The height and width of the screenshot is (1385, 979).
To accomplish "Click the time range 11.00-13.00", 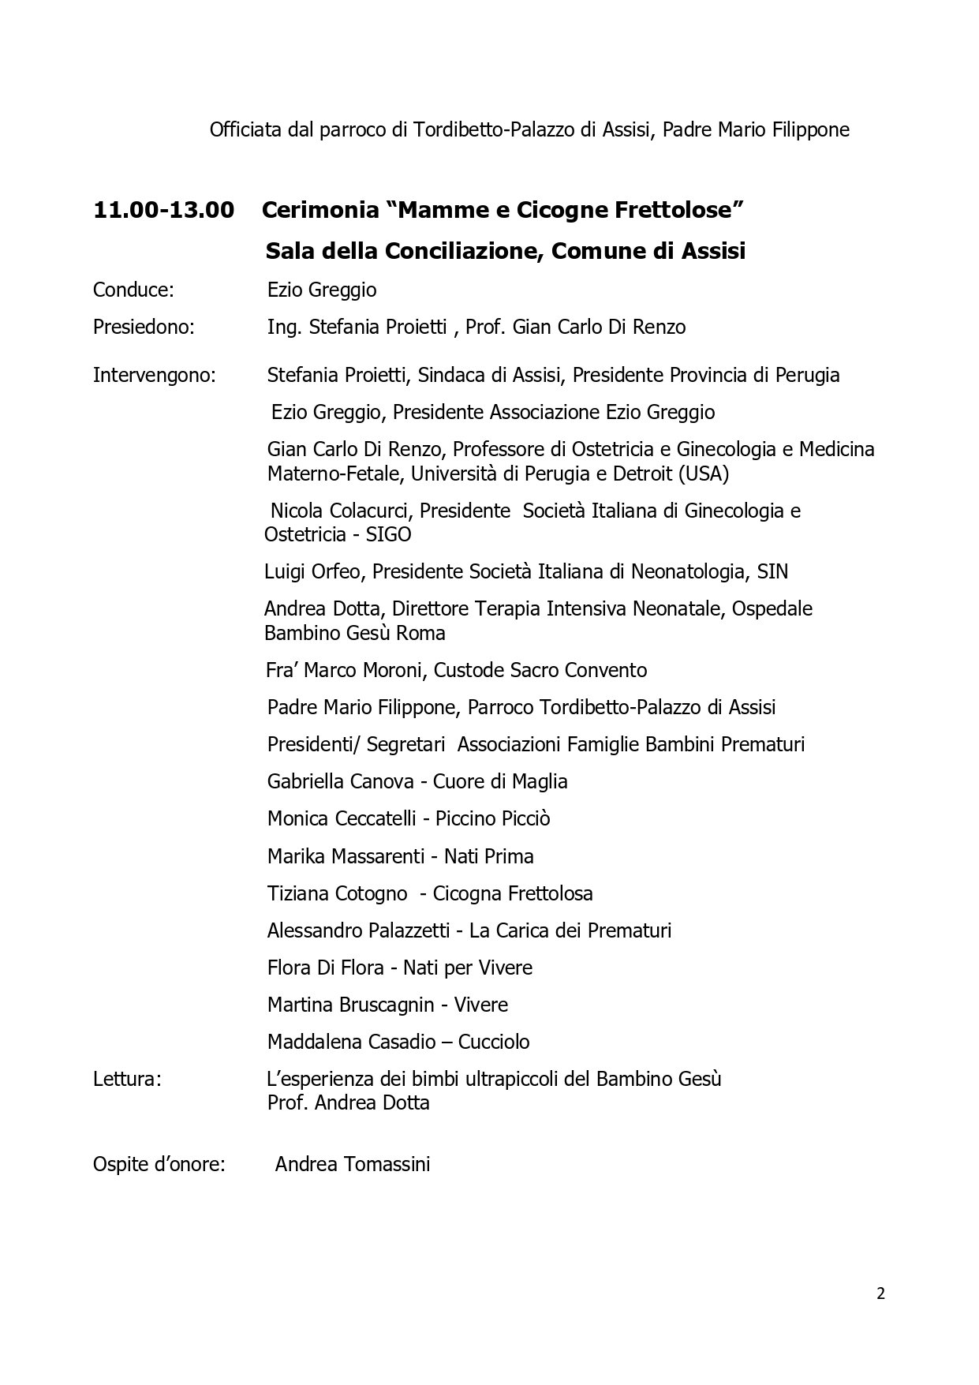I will point(163,211).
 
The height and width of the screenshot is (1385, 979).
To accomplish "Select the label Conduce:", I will point(133,290).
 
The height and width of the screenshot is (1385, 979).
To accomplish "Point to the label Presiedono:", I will point(144,327).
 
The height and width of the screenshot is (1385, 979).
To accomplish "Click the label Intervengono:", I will point(154,375).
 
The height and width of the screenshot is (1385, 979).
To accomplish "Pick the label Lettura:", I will point(127,1079).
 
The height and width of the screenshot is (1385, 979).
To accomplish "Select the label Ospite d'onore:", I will point(159,1164).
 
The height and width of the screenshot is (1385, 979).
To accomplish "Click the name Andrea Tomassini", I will point(353,1164).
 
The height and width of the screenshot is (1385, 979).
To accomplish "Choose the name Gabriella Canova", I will point(340,781).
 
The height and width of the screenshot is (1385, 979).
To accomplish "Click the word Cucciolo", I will point(495,1042).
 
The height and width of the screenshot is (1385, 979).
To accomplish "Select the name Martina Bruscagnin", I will point(350,1005).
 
